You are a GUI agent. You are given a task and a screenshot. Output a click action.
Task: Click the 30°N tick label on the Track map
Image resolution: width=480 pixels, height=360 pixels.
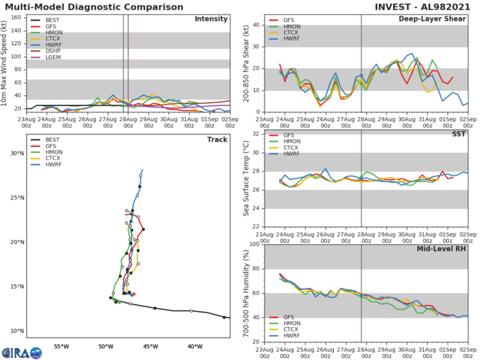coord(16,154)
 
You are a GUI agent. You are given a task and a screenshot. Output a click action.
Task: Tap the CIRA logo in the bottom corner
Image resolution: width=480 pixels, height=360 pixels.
coord(21,352)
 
